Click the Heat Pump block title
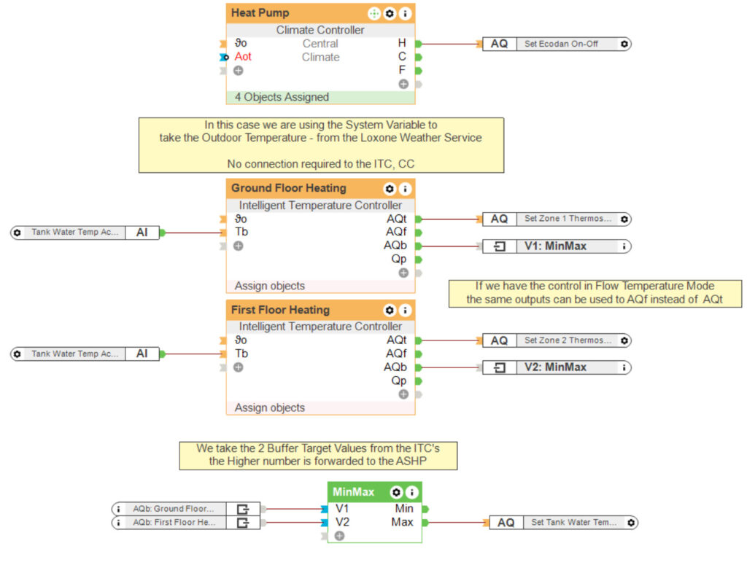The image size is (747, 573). tap(260, 13)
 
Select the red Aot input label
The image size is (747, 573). tap(243, 57)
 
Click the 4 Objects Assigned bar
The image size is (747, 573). tap(282, 97)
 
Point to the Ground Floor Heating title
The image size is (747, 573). tap(289, 188)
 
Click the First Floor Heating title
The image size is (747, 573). tap(280, 310)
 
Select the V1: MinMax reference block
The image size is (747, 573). tap(555, 246)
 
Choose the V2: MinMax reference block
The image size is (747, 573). tap(555, 367)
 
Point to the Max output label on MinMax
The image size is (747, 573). tap(402, 522)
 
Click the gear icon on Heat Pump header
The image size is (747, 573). tap(390, 13)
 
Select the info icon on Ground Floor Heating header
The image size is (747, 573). tap(405, 189)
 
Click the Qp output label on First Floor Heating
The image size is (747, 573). tap(398, 381)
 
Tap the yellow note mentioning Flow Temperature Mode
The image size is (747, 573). tap(595, 292)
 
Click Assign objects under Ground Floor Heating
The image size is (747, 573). tap(270, 286)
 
